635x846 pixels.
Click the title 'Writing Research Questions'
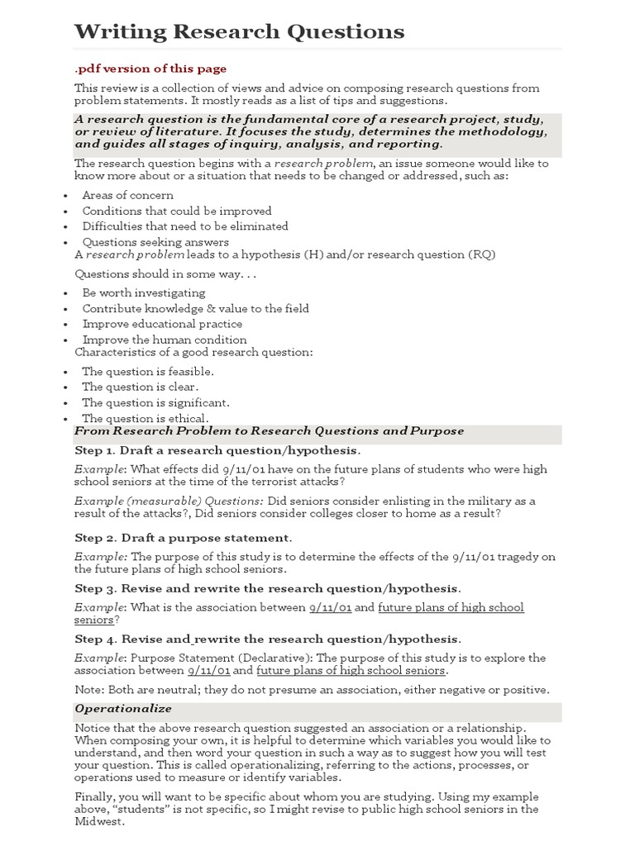(240, 32)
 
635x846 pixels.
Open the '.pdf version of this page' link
(150, 69)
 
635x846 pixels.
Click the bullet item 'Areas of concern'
(127, 195)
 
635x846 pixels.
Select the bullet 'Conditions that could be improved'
(176, 211)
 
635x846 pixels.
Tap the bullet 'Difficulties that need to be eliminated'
(184, 226)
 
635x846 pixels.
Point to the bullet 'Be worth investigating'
(143, 292)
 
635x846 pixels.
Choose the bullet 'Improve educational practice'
(162, 324)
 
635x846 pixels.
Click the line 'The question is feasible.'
(147, 372)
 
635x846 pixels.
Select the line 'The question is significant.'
(155, 402)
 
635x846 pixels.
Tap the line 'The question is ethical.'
(145, 418)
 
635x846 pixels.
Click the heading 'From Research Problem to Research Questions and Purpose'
(270, 431)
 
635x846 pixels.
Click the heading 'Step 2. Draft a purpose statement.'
(183, 538)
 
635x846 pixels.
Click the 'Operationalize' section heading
(123, 709)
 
